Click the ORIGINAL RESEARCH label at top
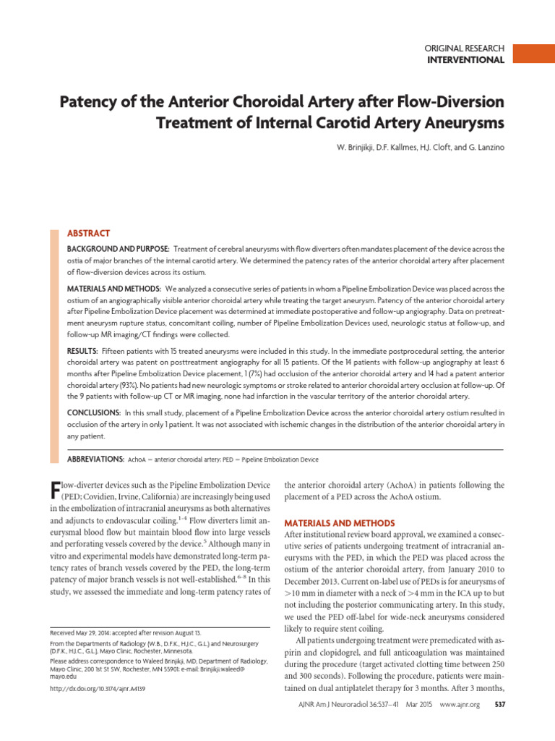463,48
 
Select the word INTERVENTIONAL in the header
466,60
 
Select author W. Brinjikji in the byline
359,148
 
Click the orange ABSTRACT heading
88,234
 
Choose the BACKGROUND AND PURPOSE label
118,249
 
